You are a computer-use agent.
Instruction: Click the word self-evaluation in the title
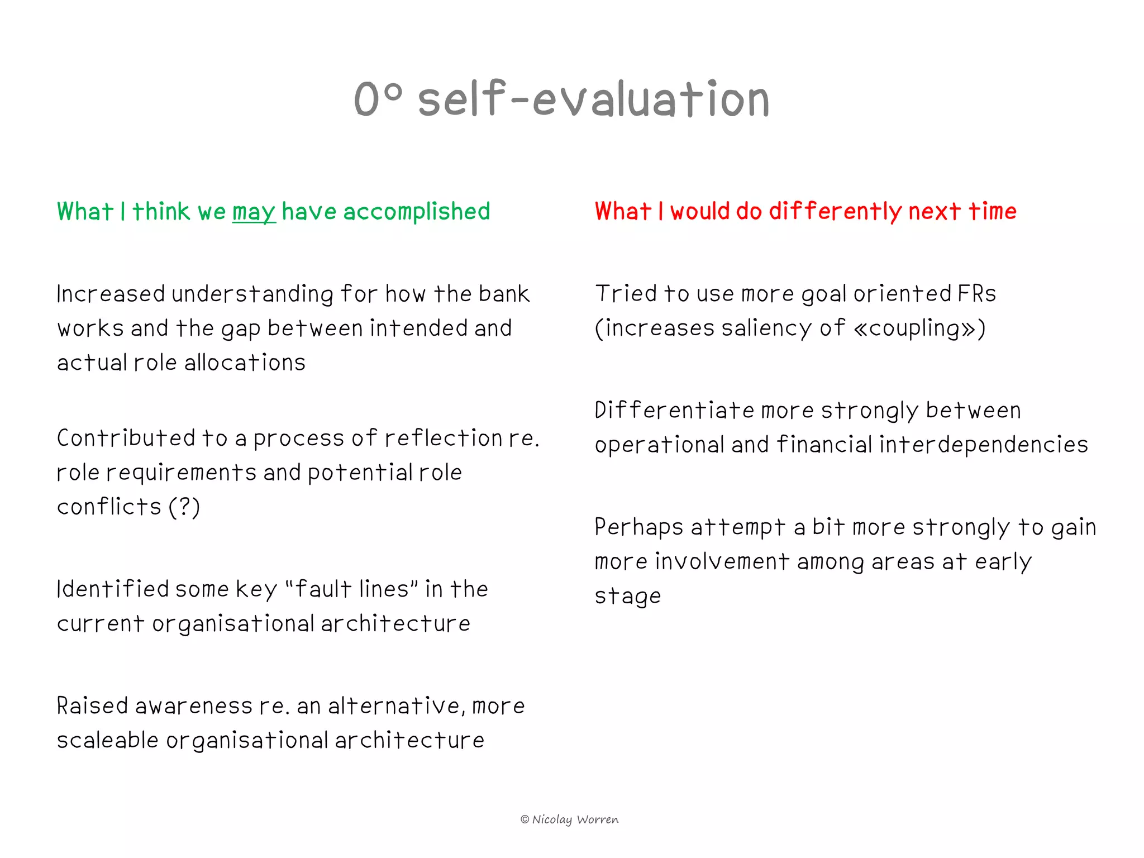594,99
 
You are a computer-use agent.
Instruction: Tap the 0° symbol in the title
378,99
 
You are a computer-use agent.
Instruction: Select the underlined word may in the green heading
254,212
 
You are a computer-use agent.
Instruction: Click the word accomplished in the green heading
416,212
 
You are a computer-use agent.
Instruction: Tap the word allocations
245,363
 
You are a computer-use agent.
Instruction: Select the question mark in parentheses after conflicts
184,507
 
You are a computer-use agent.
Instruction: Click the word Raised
92,706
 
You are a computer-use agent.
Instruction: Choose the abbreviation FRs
976,294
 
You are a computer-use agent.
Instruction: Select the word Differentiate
674,411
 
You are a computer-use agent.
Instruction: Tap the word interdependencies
983,445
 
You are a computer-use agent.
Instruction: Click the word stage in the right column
627,597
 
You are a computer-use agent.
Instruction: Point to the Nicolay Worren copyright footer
569,819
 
